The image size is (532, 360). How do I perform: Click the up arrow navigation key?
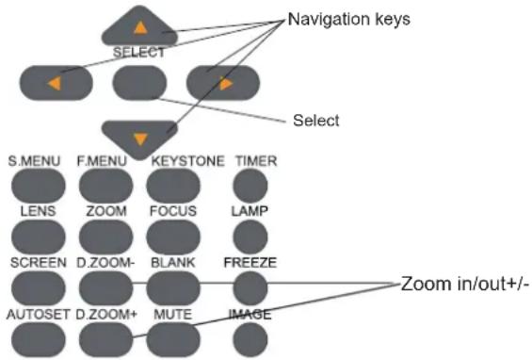point(139,27)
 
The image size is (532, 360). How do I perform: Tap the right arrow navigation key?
point(223,83)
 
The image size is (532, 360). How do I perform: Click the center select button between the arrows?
point(139,83)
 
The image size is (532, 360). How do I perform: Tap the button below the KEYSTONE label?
point(173,186)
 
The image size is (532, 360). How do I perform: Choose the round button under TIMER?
point(250,186)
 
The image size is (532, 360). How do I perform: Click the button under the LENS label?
point(39,237)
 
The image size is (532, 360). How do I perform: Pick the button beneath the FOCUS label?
point(173,237)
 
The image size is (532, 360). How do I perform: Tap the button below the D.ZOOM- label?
point(105,288)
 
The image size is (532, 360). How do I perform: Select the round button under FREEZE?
point(250,288)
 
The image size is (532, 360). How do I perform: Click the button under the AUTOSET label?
point(39,339)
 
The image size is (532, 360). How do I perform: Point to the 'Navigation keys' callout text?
point(348,20)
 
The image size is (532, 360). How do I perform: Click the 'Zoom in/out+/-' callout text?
point(464,284)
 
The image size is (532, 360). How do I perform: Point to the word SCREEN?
point(39,263)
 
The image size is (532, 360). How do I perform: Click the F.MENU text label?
point(102,161)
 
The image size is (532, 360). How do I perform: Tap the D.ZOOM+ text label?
point(106,315)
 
